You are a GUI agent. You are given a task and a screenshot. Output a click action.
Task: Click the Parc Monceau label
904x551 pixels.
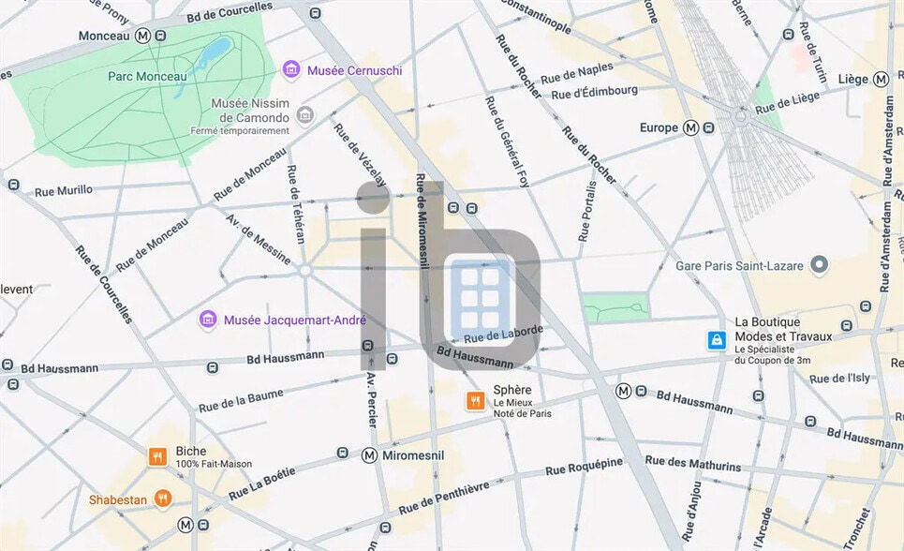[x=147, y=76]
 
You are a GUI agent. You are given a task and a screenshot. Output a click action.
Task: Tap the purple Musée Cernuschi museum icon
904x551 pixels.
[x=291, y=70]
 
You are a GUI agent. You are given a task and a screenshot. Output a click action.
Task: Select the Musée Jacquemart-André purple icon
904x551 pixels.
[x=208, y=320]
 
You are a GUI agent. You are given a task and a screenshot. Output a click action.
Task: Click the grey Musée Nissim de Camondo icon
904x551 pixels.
[x=304, y=115]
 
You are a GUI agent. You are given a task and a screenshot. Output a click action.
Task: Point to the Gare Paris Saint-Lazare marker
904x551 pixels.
[x=820, y=266]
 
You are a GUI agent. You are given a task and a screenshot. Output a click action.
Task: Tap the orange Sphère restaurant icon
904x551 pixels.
[x=476, y=401]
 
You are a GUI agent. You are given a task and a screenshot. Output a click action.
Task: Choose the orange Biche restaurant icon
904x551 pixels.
[x=157, y=456]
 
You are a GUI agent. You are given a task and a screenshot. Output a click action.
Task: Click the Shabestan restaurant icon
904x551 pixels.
[x=163, y=499]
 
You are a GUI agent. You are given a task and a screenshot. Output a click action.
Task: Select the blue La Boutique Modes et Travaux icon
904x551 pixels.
[x=717, y=340]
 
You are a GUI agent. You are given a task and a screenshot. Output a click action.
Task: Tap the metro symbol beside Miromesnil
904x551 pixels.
[x=369, y=455]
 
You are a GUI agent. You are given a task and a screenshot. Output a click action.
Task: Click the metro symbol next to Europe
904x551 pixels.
[x=690, y=127]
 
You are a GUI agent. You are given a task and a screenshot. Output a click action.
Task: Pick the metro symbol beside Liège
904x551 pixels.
[x=881, y=80]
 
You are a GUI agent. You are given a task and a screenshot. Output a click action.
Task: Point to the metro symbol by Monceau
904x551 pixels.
[x=142, y=36]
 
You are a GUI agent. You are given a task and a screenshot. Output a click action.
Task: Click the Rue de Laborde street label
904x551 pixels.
[x=503, y=333]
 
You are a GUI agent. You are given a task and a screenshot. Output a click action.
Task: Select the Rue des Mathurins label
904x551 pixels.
[x=692, y=464]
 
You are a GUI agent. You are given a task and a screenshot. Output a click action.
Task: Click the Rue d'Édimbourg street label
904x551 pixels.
[x=594, y=92]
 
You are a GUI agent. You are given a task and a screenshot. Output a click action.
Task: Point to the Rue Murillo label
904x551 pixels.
[x=64, y=190]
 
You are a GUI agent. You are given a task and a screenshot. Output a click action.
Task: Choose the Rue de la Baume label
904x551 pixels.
[x=241, y=400]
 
